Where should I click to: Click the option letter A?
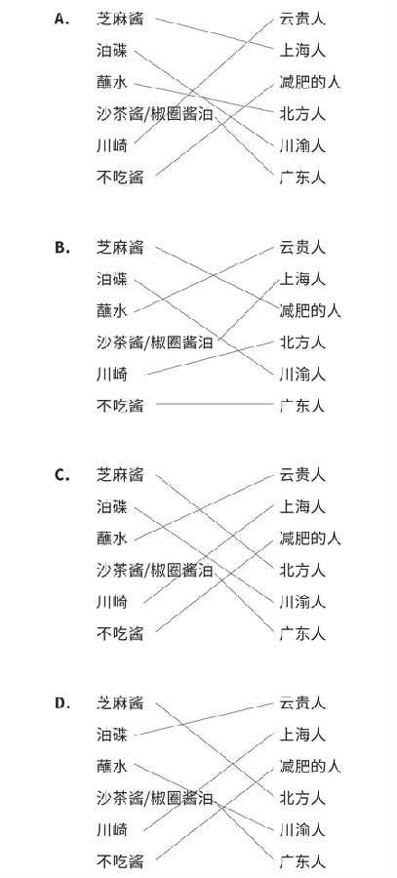click(61, 20)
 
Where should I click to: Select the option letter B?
click(61, 248)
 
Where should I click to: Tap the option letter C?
click(61, 475)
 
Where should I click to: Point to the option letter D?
click(61, 703)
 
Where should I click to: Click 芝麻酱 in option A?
click(120, 20)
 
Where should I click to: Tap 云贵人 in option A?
click(302, 20)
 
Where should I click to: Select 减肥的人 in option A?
click(310, 83)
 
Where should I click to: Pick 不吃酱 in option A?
click(120, 179)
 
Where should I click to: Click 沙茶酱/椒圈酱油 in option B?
click(154, 342)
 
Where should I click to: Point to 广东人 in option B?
click(302, 406)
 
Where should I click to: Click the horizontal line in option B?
click(214, 404)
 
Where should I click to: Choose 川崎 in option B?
click(112, 374)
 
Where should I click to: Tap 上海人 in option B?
click(302, 279)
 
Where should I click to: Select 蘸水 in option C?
click(112, 539)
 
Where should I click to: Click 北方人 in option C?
click(302, 571)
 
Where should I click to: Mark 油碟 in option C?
click(112, 507)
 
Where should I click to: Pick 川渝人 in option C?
click(302, 603)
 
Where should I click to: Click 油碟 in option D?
click(112, 735)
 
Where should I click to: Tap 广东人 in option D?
click(302, 861)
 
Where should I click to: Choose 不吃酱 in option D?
click(120, 861)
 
